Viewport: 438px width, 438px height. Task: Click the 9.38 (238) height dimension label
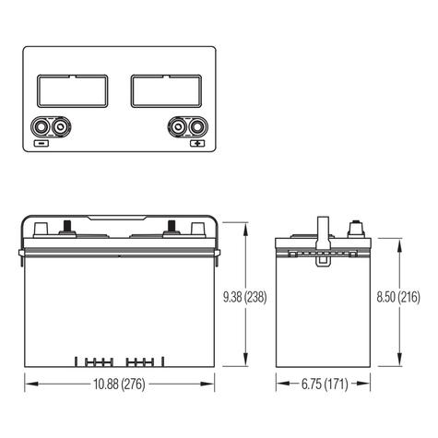(245, 297)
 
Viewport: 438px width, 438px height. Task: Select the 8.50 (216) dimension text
(398, 297)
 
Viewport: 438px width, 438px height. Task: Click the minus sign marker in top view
(41, 144)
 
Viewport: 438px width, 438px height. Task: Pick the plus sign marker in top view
(196, 144)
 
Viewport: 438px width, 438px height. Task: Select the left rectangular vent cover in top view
(72, 90)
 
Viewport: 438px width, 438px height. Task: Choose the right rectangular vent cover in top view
(166, 90)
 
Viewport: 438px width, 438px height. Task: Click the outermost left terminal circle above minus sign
(41, 126)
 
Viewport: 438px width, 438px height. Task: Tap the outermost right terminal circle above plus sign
(195, 126)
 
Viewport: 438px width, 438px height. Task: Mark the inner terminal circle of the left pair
(61, 126)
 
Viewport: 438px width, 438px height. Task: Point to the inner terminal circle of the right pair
(176, 126)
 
